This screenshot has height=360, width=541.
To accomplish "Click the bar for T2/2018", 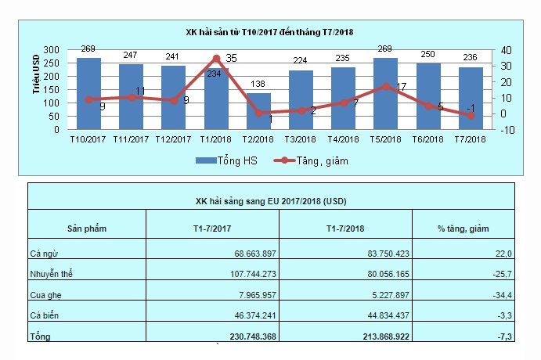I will click(x=258, y=112).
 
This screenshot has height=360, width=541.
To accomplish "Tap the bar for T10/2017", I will click(x=88, y=94).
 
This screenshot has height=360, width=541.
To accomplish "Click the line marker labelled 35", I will click(x=216, y=58).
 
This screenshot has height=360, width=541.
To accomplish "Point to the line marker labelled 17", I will click(x=385, y=87).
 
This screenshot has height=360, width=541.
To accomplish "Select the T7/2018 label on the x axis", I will click(x=470, y=139).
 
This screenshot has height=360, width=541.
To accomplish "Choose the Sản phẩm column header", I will click(x=87, y=229).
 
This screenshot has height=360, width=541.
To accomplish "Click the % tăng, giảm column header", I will click(x=462, y=229).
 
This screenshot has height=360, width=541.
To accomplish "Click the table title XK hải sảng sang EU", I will click(x=271, y=201).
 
